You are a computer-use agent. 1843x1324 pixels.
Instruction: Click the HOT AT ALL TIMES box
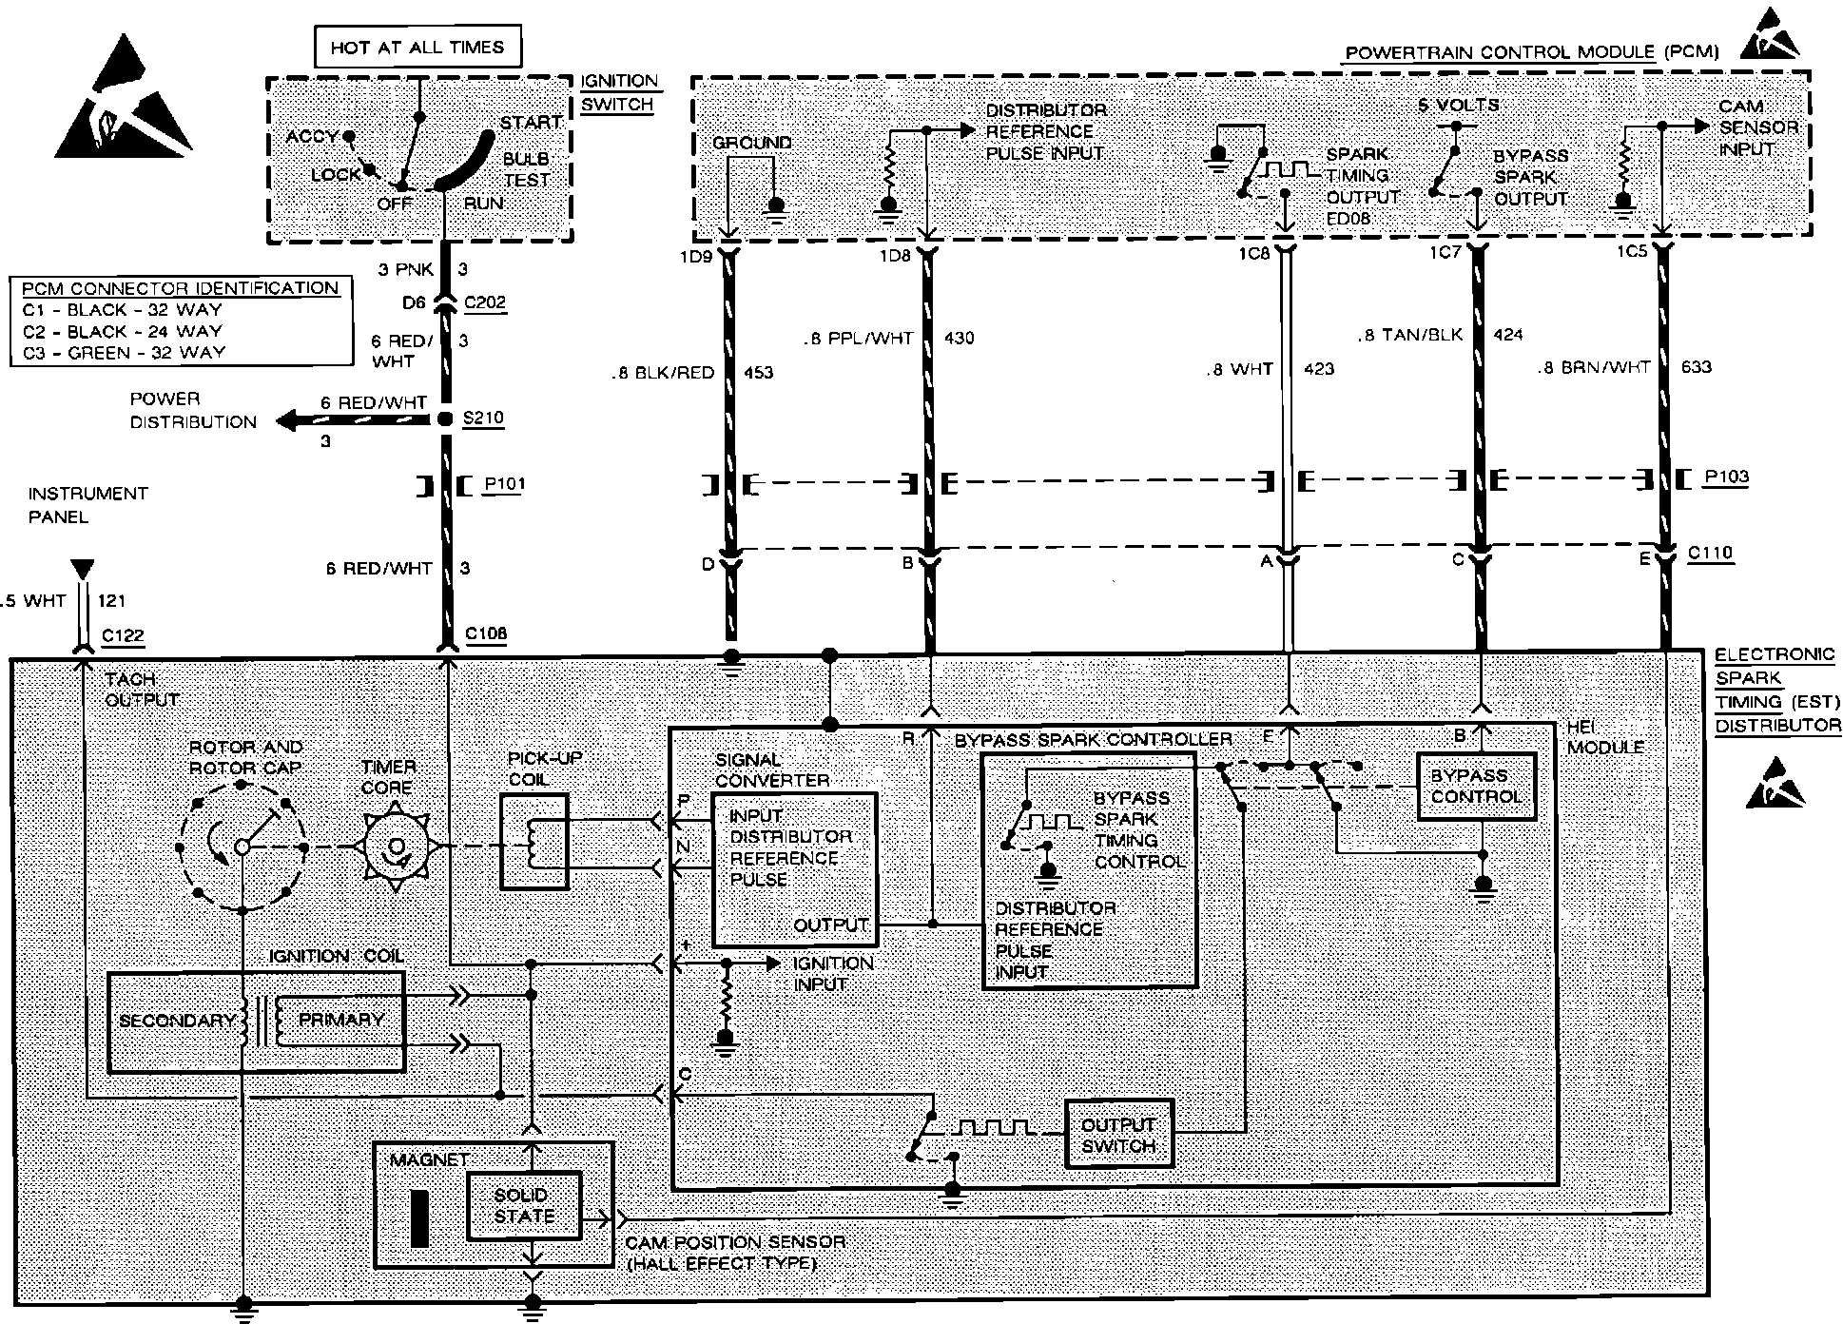(x=417, y=47)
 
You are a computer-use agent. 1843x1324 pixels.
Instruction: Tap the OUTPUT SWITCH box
(x=1118, y=1134)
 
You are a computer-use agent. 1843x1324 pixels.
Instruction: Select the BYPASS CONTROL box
(x=1476, y=787)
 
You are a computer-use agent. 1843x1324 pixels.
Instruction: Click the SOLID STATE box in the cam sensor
(x=523, y=1205)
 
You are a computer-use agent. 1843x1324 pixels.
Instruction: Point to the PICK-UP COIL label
(x=545, y=769)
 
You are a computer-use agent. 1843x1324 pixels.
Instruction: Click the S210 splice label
(x=483, y=418)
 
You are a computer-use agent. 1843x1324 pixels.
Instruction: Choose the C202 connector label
(x=485, y=302)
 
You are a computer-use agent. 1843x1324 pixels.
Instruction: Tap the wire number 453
(x=758, y=373)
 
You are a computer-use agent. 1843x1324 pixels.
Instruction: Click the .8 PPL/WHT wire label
(x=858, y=338)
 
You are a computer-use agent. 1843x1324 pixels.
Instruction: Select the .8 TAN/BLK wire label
(x=1409, y=335)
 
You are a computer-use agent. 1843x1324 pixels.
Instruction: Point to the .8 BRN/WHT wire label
(x=1595, y=367)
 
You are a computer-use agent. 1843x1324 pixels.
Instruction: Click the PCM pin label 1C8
(x=1254, y=254)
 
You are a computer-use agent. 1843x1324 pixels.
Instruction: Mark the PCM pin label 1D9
(x=697, y=255)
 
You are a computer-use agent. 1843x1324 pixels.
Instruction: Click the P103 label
(x=1726, y=477)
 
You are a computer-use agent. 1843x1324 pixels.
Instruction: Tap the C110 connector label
(x=1710, y=553)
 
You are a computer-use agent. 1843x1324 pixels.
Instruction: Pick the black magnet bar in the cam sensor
(x=419, y=1217)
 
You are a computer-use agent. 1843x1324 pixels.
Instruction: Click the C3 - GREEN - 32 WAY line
(x=124, y=352)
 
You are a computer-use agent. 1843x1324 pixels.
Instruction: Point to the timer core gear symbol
(x=396, y=847)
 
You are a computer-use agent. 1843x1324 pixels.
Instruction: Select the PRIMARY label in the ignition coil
(x=340, y=1020)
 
